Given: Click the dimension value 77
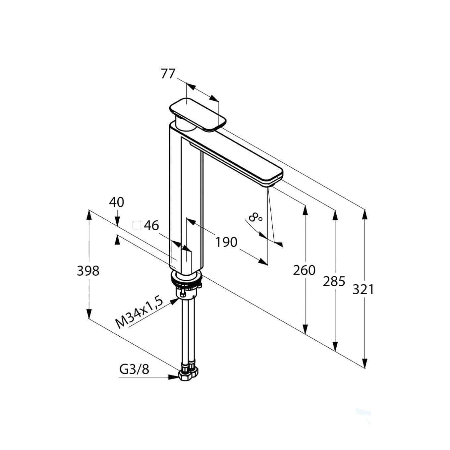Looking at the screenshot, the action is click(168, 74).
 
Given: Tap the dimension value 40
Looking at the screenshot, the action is click(117, 202).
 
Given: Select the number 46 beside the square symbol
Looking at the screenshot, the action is click(151, 226).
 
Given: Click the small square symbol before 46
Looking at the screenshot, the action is click(137, 226).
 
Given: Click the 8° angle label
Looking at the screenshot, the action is click(255, 218).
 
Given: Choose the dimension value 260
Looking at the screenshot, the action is click(304, 270).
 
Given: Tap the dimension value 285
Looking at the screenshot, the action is click(334, 281).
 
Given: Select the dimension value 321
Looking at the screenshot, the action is click(363, 290).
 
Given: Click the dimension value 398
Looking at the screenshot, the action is click(88, 271).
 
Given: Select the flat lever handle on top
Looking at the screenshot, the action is click(198, 114).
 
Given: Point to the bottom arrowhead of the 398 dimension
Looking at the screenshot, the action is click(89, 312).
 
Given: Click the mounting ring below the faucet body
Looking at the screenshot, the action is click(186, 277).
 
